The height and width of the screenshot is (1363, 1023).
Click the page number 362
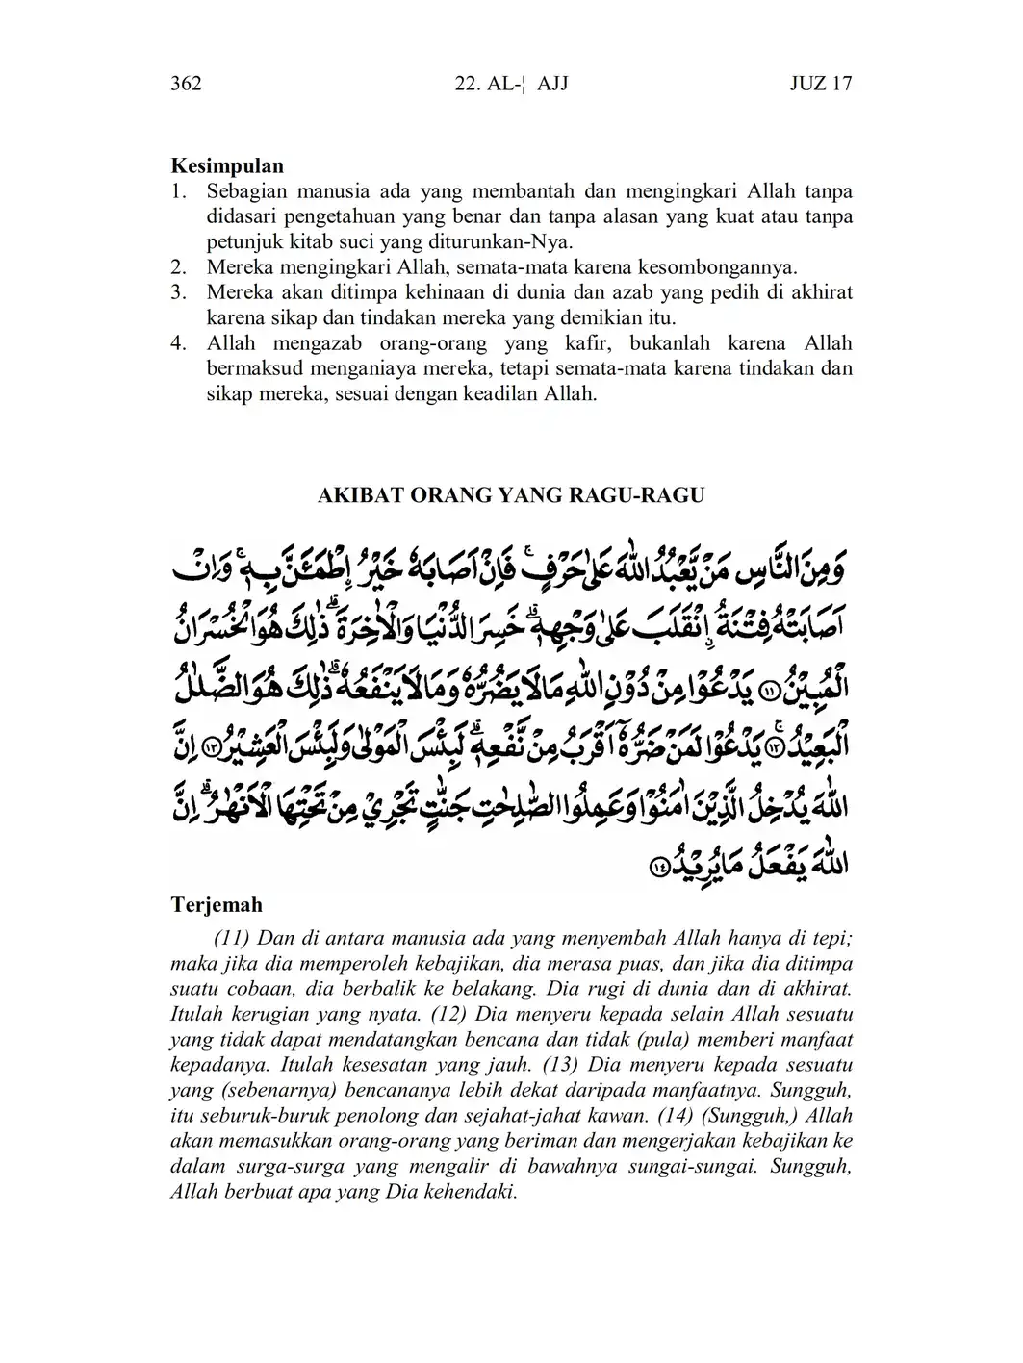186,84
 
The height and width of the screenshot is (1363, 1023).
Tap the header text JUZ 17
820,84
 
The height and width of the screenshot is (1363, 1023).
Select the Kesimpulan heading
227,165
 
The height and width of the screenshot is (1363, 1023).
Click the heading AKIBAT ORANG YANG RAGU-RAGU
511,495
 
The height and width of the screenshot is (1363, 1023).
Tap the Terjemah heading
217,905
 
